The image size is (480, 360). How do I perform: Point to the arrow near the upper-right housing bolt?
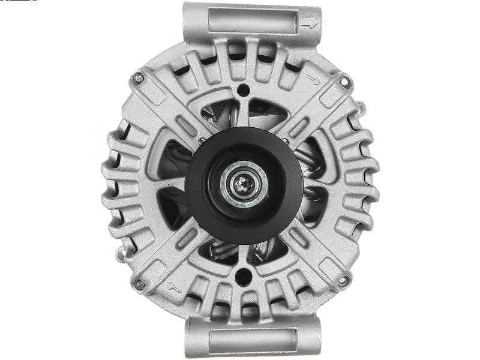pyautogui.click(x=313, y=79)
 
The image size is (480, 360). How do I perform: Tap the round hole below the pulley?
pyautogui.click(x=242, y=276)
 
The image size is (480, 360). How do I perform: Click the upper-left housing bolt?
pyautogui.click(x=139, y=79)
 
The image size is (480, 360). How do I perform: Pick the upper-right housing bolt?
pyautogui.click(x=344, y=80)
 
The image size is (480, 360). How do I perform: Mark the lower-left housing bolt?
pyautogui.click(x=139, y=284)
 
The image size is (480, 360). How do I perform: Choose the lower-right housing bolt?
pyautogui.click(x=343, y=281)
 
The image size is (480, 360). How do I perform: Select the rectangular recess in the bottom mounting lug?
pyautogui.click(x=252, y=340)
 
